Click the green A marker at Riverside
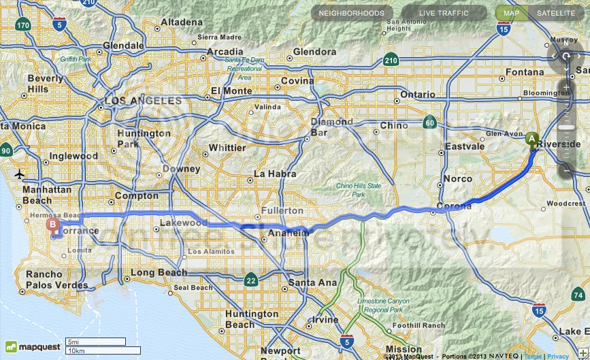pyautogui.click(x=531, y=138)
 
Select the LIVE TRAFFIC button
pyautogui.click(x=444, y=13)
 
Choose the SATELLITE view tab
pyautogui.click(x=555, y=13)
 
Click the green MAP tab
pyautogui.click(x=511, y=13)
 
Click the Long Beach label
pyautogui.click(x=159, y=273)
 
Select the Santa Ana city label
pyautogui.click(x=312, y=282)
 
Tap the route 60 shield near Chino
pyautogui.click(x=429, y=122)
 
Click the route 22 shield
pyautogui.click(x=251, y=280)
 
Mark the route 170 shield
pyautogui.click(x=24, y=26)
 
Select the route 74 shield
pyautogui.click(x=578, y=295)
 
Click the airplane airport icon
pyautogui.click(x=20, y=174)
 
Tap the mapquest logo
pyautogui.click(x=31, y=346)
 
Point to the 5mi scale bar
pyautogui.click(x=95, y=342)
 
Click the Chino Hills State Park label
pyautogui.click(x=359, y=190)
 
